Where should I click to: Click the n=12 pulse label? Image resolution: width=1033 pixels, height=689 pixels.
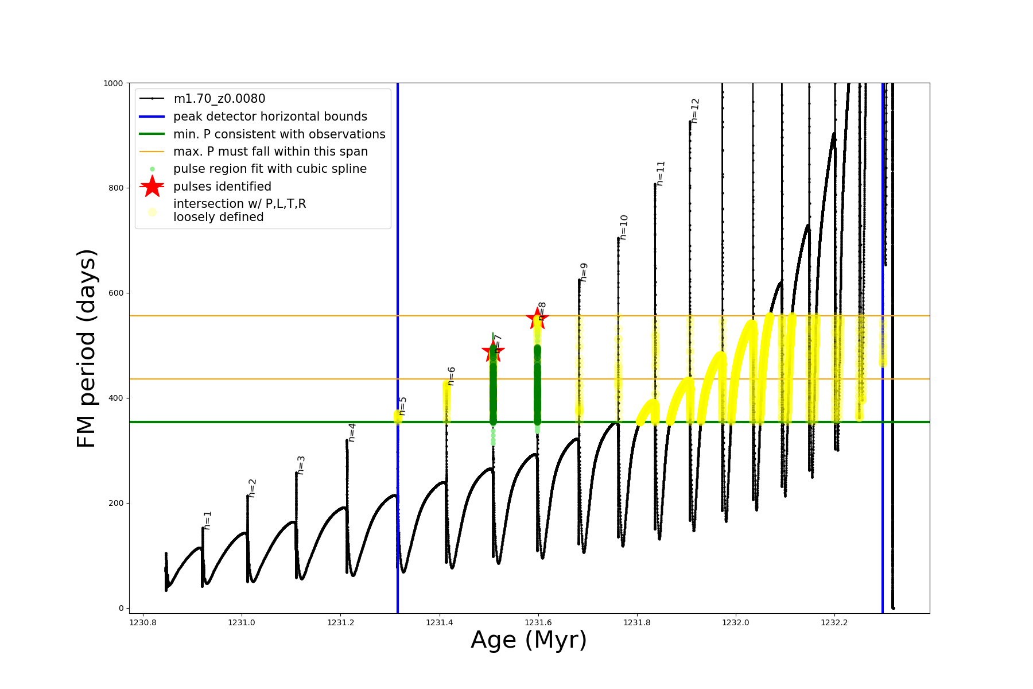(x=695, y=111)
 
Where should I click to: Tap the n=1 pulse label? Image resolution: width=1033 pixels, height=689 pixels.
(x=208, y=520)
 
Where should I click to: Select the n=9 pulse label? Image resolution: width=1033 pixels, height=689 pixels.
(x=584, y=272)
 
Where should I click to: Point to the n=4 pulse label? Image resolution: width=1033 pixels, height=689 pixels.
(x=352, y=432)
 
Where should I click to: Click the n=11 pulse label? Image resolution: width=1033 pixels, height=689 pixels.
(x=661, y=173)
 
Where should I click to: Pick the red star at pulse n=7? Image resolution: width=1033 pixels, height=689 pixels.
(x=493, y=351)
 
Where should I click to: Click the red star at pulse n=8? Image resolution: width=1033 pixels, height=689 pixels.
(x=537, y=318)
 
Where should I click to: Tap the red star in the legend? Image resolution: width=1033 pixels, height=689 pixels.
(x=152, y=187)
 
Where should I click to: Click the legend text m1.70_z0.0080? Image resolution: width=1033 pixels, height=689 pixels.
(x=219, y=99)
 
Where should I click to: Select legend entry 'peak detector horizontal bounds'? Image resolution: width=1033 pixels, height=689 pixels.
(x=270, y=117)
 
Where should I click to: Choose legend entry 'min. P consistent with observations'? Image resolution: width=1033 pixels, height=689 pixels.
(x=279, y=134)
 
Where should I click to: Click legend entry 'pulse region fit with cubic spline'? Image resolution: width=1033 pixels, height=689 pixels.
(x=270, y=169)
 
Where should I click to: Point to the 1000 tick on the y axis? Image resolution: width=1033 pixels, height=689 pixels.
(x=113, y=83)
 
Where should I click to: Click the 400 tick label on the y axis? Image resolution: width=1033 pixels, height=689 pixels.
(x=115, y=398)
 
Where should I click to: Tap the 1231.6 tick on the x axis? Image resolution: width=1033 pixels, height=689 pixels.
(x=538, y=622)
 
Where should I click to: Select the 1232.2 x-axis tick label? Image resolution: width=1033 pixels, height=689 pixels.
(x=834, y=622)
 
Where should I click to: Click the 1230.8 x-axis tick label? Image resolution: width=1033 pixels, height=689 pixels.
(x=143, y=622)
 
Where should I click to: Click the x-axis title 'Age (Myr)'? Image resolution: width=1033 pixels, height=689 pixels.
(x=529, y=640)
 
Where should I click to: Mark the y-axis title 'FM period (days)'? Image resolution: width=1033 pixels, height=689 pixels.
(x=86, y=349)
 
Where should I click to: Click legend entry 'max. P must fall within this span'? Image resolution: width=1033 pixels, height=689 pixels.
(x=270, y=152)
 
